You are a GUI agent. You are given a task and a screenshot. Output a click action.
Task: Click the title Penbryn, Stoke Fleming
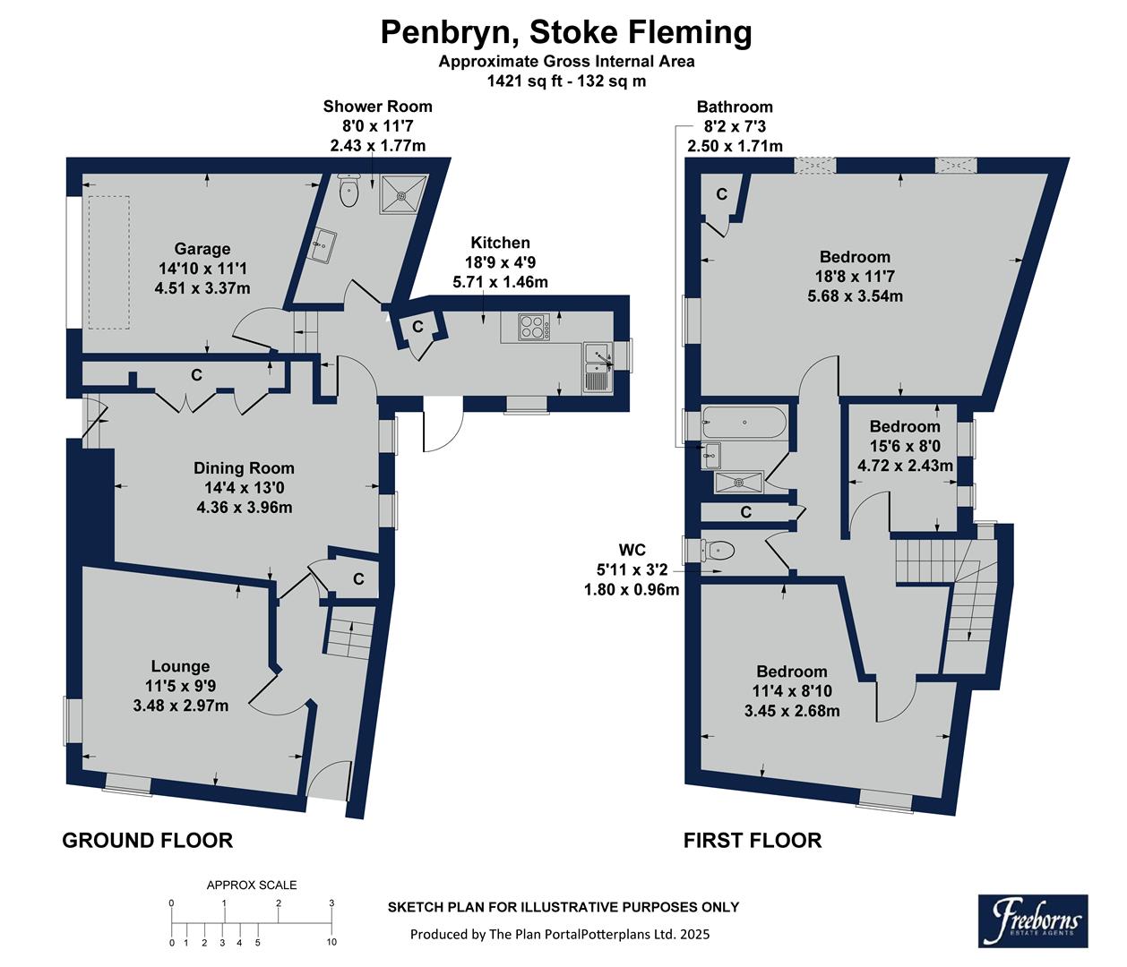coord(566,32)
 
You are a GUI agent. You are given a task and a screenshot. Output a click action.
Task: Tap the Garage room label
coord(202,249)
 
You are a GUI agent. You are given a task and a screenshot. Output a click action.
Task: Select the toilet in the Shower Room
coord(348,190)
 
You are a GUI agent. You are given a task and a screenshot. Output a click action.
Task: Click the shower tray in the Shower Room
coord(405,193)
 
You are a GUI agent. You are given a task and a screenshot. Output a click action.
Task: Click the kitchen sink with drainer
coord(596,367)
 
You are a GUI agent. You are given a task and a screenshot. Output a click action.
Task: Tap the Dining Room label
coord(244,468)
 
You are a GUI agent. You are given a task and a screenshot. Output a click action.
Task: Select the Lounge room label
coord(180,666)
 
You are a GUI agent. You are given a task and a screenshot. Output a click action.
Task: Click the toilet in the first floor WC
coord(717,550)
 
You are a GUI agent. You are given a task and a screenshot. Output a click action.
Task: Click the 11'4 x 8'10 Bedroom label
coord(791,672)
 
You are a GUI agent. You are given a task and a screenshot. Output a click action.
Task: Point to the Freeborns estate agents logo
coord(1032,920)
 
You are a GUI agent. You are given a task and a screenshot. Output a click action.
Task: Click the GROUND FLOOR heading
coord(147,840)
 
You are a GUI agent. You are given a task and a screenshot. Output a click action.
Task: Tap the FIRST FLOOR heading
coord(752,840)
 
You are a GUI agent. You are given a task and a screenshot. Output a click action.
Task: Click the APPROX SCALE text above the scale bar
coord(252,885)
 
